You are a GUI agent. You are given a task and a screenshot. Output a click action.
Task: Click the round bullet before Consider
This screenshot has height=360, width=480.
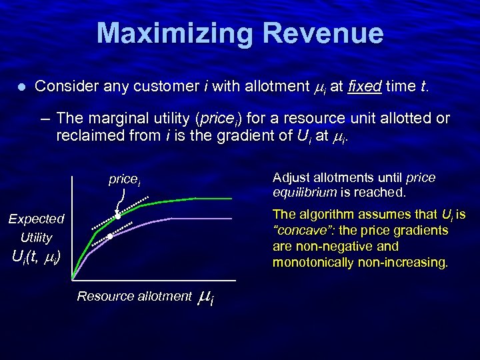21,87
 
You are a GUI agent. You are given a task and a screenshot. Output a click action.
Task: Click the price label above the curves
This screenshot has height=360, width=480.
124,179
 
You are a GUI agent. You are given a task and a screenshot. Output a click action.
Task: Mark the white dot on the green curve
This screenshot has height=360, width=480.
117,215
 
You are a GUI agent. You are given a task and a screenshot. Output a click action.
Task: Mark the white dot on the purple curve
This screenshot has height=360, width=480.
110,235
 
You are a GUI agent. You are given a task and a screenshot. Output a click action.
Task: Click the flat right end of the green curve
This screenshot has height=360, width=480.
213,199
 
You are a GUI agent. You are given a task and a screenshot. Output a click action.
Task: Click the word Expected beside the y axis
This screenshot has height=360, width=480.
36,219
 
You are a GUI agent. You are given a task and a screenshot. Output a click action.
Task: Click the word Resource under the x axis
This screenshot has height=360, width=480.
104,296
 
